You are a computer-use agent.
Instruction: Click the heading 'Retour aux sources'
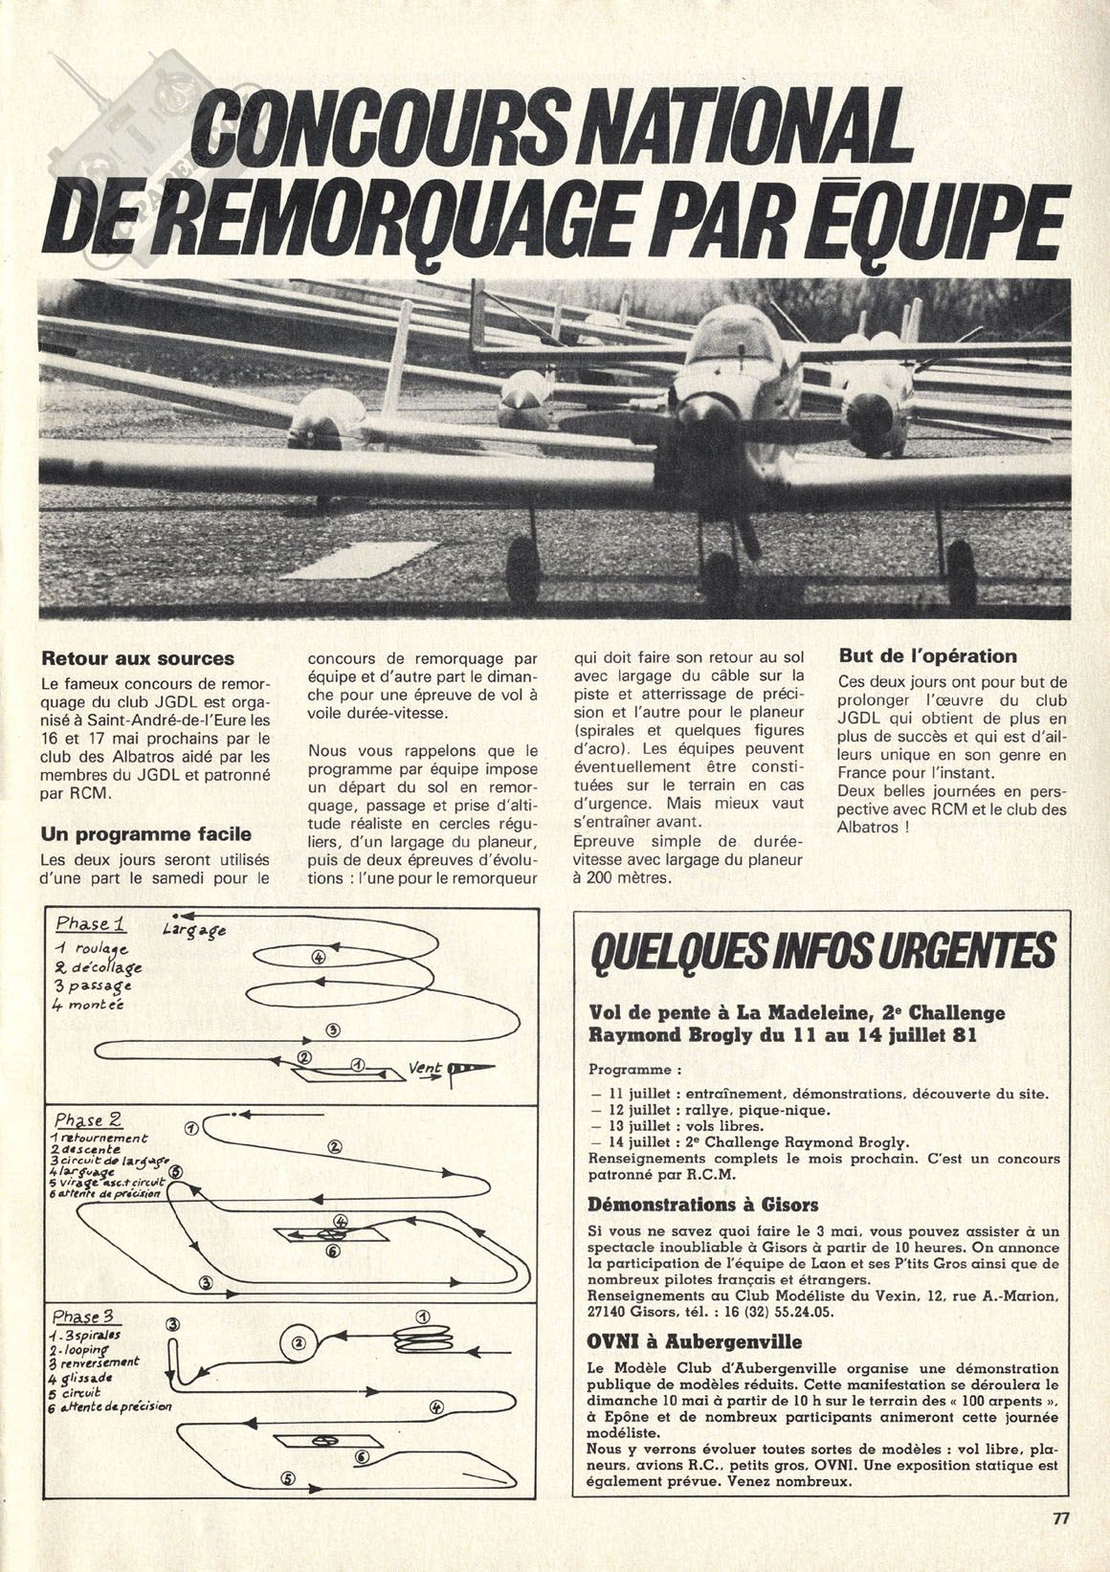tap(138, 659)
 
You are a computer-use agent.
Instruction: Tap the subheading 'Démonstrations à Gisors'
tap(703, 1204)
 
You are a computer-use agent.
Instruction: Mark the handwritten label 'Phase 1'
tap(92, 924)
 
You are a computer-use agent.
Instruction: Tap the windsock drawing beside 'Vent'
tap(471, 1068)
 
